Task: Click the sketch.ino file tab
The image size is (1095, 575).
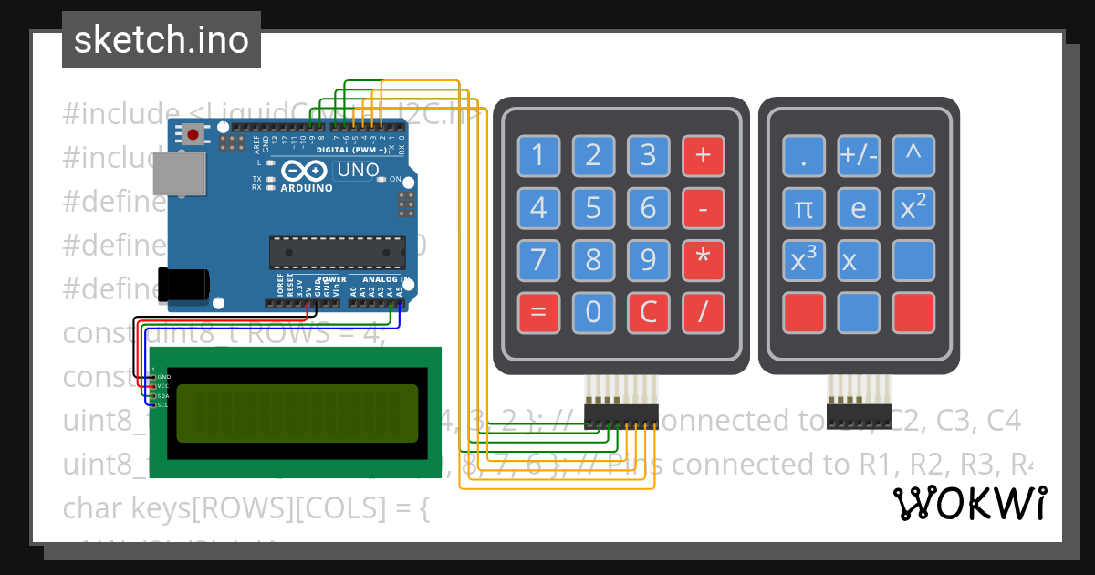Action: point(161,40)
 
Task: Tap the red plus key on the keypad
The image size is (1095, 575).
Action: point(703,155)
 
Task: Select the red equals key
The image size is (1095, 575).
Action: point(538,312)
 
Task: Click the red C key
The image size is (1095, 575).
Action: point(648,312)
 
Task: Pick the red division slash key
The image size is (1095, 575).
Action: point(703,312)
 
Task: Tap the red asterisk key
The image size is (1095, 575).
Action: point(703,259)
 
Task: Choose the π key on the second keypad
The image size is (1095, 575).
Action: point(803,208)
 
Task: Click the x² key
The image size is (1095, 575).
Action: point(913,208)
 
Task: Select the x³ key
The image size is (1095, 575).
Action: point(803,260)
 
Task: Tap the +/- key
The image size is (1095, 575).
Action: point(859,156)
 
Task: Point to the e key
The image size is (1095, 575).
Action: point(859,208)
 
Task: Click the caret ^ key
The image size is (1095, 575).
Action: point(913,156)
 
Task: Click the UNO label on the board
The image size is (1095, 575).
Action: point(358,170)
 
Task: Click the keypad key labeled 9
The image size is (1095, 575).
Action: point(648,259)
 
